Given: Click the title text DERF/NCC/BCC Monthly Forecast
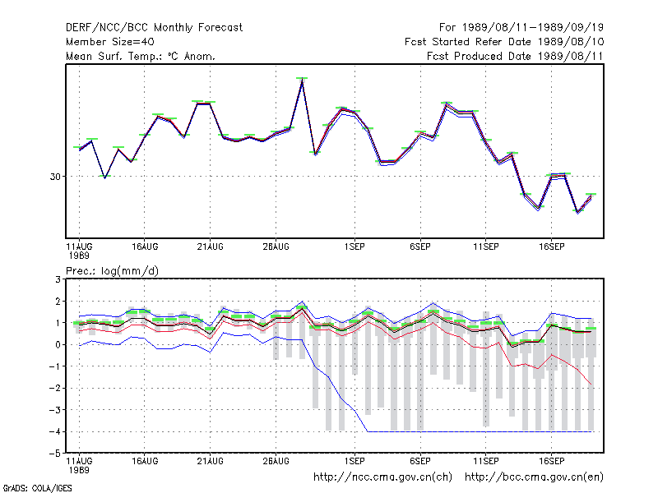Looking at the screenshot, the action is (x=154, y=28).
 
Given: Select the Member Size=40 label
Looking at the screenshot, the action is (x=110, y=42).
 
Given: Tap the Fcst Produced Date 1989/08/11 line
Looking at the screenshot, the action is (x=515, y=56).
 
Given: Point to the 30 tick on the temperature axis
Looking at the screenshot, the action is (x=55, y=177).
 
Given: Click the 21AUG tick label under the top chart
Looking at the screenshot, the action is (x=211, y=247).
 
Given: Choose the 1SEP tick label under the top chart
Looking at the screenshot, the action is (x=354, y=247).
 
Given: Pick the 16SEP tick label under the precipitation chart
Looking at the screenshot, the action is (x=551, y=461).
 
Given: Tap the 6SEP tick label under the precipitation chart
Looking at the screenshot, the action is (x=420, y=461).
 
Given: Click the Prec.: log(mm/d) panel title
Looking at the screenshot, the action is (x=112, y=271).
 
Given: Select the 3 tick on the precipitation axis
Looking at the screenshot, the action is (x=58, y=279).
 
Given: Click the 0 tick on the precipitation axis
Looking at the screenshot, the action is (x=58, y=344).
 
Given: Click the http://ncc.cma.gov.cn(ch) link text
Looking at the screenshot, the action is (x=382, y=477).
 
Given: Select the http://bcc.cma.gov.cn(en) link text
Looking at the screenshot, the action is (x=534, y=477).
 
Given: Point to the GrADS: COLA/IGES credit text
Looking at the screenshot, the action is (x=37, y=488).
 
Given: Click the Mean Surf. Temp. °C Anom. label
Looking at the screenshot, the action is (x=141, y=56).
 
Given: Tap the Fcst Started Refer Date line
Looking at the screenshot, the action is (x=504, y=42).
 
